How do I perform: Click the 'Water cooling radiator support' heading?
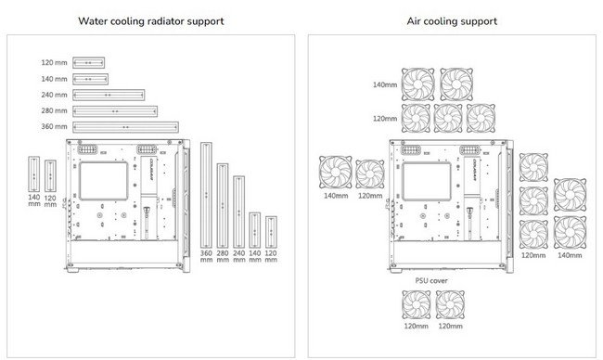tap(150, 21)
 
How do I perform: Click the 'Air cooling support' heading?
tap(452, 21)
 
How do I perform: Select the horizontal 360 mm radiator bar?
tap(126, 127)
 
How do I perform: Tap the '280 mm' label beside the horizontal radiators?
tap(54, 110)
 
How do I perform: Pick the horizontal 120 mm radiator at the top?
tap(88, 63)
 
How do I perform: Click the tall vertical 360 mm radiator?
tap(206, 195)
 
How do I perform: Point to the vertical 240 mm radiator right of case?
tap(238, 212)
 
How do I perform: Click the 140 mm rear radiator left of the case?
tap(33, 174)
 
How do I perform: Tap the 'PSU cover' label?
tap(431, 281)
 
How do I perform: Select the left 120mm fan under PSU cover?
tap(417, 304)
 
